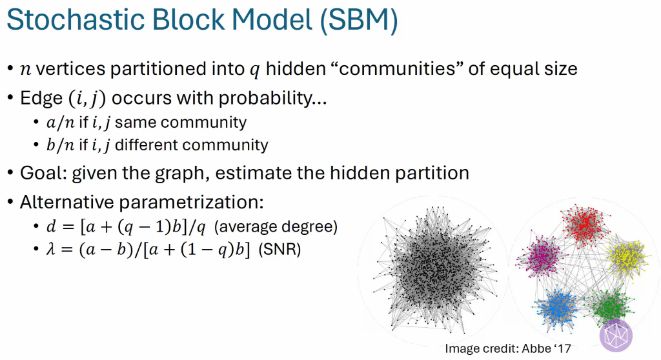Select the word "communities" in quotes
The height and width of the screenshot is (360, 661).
click(x=398, y=68)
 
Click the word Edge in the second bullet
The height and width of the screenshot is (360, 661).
click(x=41, y=99)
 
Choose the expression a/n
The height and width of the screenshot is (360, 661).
click(x=61, y=123)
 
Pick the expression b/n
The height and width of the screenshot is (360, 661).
click(x=61, y=145)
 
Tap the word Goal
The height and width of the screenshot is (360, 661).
click(x=43, y=174)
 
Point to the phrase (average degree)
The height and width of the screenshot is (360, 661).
click(x=276, y=227)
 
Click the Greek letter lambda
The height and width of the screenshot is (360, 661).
click(x=50, y=249)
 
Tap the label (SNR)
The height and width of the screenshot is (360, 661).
click(x=280, y=249)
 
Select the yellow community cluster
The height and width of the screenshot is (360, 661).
click(x=627, y=257)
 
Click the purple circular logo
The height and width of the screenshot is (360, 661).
click(x=616, y=335)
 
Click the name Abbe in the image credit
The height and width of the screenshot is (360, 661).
click(x=536, y=348)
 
